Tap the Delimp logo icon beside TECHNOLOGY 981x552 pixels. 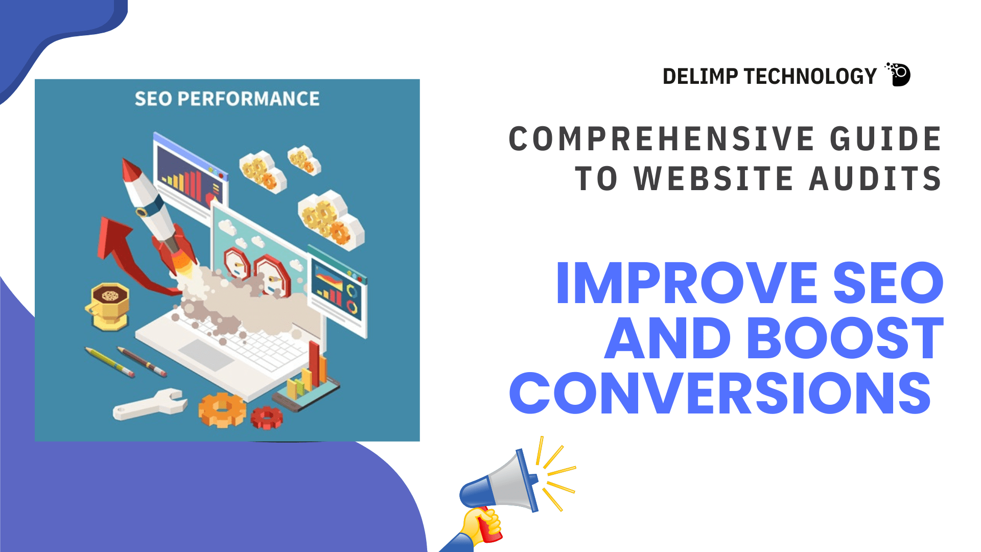[898, 75]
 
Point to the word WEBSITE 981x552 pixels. [714, 178]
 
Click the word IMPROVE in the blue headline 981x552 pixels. [687, 283]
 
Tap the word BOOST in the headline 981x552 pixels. [846, 338]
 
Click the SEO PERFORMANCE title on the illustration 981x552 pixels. [227, 99]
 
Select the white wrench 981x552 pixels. [148, 404]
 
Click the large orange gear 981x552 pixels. [222, 409]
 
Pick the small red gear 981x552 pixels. [266, 418]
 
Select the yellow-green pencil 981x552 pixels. [110, 362]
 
